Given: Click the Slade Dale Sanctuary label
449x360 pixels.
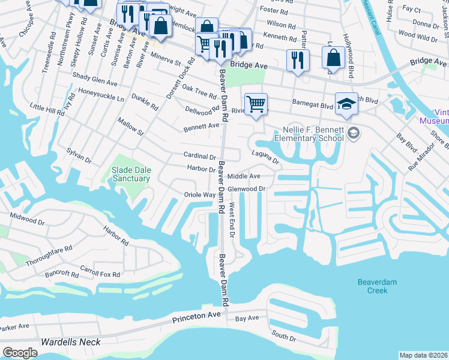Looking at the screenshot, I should [x=130, y=174].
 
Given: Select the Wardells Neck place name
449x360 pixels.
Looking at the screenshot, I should [x=70, y=342].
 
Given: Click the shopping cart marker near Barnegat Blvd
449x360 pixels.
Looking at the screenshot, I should [x=256, y=104].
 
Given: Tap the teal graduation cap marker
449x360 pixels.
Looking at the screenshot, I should [x=346, y=103].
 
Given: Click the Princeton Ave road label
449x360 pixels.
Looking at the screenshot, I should [x=197, y=316].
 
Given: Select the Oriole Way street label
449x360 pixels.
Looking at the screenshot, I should [x=199, y=195].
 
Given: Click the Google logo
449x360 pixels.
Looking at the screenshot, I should [x=20, y=353].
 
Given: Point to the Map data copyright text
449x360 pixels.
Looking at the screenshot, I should [x=423, y=355].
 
